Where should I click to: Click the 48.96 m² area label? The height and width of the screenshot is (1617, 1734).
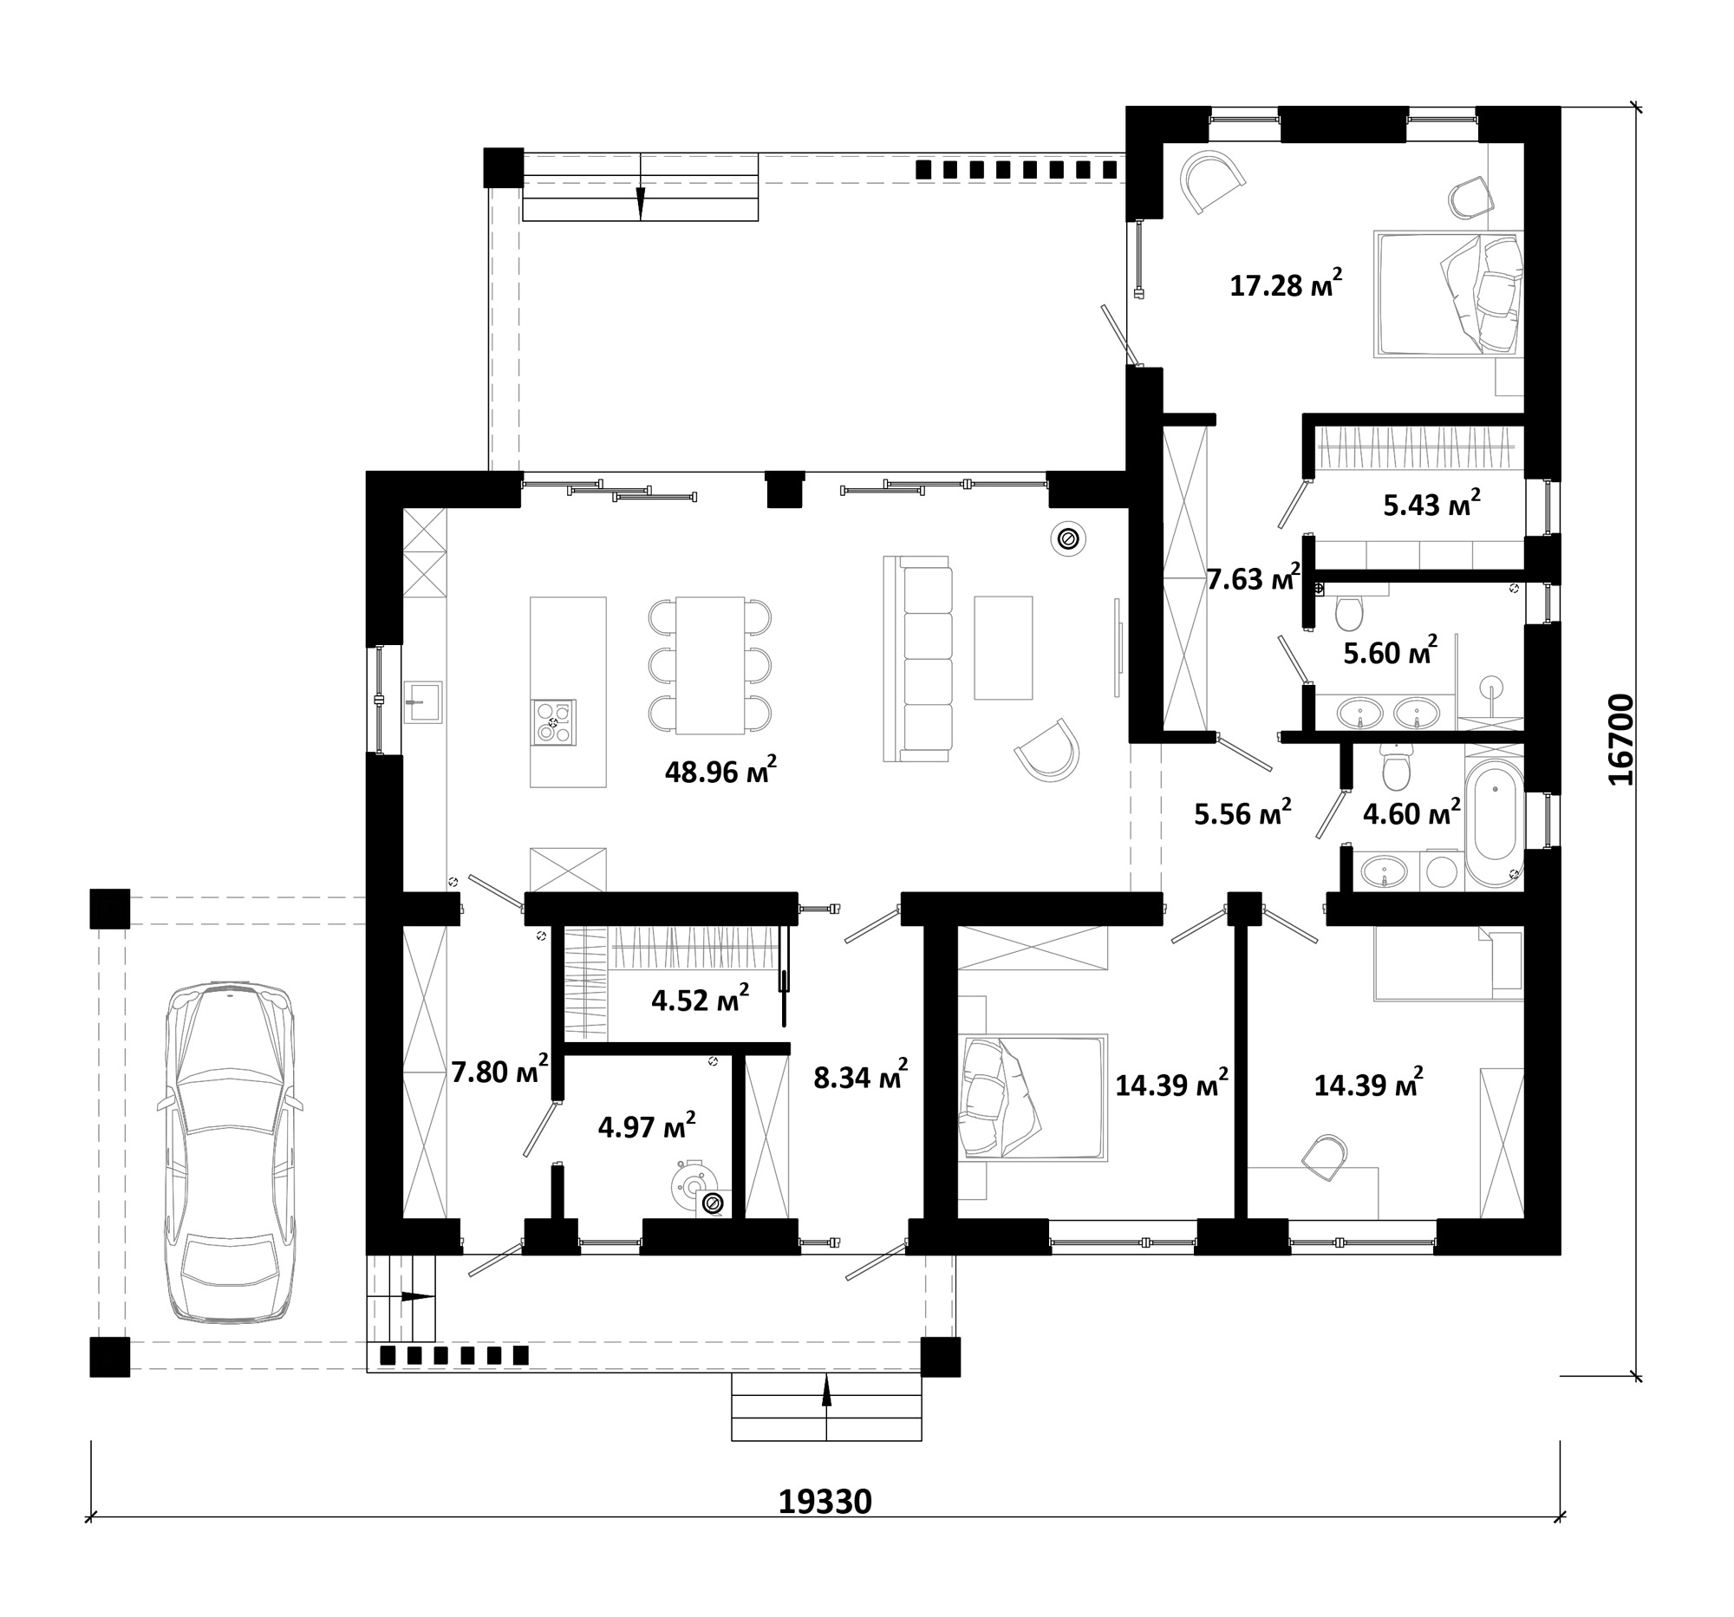tap(720, 771)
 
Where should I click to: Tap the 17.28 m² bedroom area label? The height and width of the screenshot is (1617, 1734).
tap(1286, 284)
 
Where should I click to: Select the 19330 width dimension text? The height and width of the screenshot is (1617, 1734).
tap(825, 1501)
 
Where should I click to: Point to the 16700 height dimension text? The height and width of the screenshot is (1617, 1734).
tap(1620, 740)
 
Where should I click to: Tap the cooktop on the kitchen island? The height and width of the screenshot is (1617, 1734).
tap(554, 722)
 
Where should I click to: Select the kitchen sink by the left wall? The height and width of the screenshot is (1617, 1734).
tap(423, 701)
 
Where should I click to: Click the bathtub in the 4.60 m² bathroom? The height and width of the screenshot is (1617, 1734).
tap(1494, 825)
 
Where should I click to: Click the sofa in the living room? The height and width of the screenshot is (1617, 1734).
tap(917, 659)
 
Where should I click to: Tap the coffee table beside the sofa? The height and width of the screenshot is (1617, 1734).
tap(1003, 647)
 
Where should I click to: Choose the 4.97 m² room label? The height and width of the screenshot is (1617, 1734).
tap(646, 1126)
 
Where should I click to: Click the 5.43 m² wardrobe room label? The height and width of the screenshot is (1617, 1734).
tap(1431, 503)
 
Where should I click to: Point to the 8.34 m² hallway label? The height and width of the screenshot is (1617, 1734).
tap(860, 1076)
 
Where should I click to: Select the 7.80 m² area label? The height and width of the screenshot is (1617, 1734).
tap(499, 1070)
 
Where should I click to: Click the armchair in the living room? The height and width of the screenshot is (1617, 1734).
tap(1046, 750)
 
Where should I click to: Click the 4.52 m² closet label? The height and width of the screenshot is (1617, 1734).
tap(700, 999)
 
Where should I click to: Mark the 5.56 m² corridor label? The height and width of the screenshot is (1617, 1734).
tap(1242, 813)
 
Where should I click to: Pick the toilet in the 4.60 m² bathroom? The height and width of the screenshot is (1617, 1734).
tap(1396, 766)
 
